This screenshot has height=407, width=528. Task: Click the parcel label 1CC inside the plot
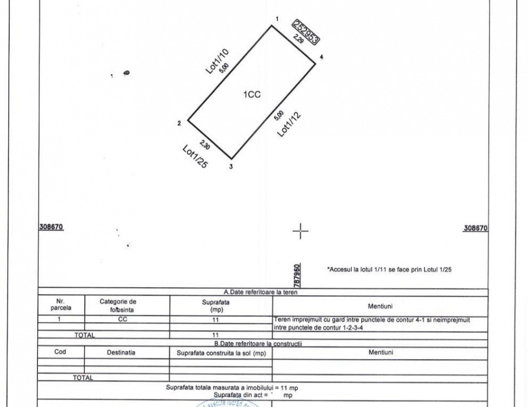[252, 95]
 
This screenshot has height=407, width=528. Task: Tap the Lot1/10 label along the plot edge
[217, 61]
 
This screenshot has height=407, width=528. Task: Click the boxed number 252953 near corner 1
[306, 31]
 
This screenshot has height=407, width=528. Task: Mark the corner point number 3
[231, 166]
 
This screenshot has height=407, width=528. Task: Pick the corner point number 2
[179, 123]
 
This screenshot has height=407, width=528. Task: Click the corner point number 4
[321, 57]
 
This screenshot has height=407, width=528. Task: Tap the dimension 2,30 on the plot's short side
[205, 145]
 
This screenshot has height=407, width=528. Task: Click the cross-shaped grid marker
[301, 231]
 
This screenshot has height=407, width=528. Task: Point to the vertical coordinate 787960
[297, 274]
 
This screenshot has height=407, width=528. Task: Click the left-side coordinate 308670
[51, 227]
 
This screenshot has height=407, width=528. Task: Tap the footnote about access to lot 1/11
[389, 270]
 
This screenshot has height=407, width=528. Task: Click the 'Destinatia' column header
[121, 352]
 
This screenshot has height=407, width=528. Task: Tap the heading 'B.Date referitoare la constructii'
[258, 343]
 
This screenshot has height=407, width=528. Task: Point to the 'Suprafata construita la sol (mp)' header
[221, 353]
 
